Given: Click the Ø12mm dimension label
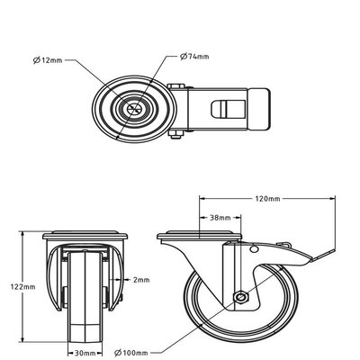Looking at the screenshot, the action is click(48, 60).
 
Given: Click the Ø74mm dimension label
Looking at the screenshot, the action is click(194, 56).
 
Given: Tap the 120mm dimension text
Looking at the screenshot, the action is click(267, 199).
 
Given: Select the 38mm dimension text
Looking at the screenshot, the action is click(220, 218).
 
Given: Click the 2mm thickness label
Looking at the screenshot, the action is click(141, 280).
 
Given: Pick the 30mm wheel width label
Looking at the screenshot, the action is click(85, 353).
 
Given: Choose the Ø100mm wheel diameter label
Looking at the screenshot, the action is click(131, 353).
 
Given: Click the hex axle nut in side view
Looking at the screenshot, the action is click(241, 297).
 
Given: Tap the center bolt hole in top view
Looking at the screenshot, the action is click(134, 109).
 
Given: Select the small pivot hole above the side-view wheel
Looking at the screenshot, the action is click(254, 249).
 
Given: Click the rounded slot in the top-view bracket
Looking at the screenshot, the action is click(229, 109).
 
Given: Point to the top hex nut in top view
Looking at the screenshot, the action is click(175, 87).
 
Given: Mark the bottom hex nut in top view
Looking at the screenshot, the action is click(175, 135).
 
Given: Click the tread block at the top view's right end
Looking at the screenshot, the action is click(258, 109).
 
